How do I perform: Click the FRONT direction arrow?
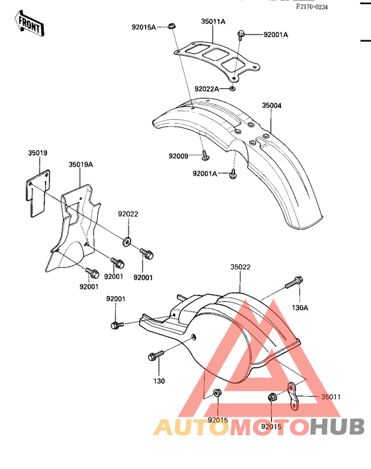pyautogui.click(x=29, y=24)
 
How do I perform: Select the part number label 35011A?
pyautogui.click(x=213, y=22)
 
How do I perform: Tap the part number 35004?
pyautogui.click(x=272, y=105)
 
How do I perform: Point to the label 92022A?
pyautogui.click(x=207, y=89)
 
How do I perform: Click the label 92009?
pyautogui.click(x=178, y=156)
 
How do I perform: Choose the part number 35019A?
pyautogui.click(x=81, y=164)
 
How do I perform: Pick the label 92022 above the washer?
pyautogui.click(x=128, y=214)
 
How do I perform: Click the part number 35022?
pyautogui.click(x=240, y=267)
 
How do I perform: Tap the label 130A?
pyautogui.click(x=300, y=308)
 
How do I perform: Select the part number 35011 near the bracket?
pyautogui.click(x=331, y=397)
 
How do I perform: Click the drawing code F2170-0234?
pyautogui.click(x=312, y=7)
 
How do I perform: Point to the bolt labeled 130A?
pyautogui.click(x=293, y=282)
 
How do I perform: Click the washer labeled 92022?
pyautogui.click(x=127, y=242)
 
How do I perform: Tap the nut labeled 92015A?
pyautogui.click(x=171, y=26)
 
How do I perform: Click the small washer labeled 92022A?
pyautogui.click(x=232, y=89)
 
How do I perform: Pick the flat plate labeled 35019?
pyautogui.click(x=37, y=193)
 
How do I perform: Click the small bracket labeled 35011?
pyautogui.click(x=293, y=396)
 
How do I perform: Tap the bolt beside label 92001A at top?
pyautogui.click(x=241, y=35)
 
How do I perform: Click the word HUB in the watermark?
pyautogui.click(x=337, y=427)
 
